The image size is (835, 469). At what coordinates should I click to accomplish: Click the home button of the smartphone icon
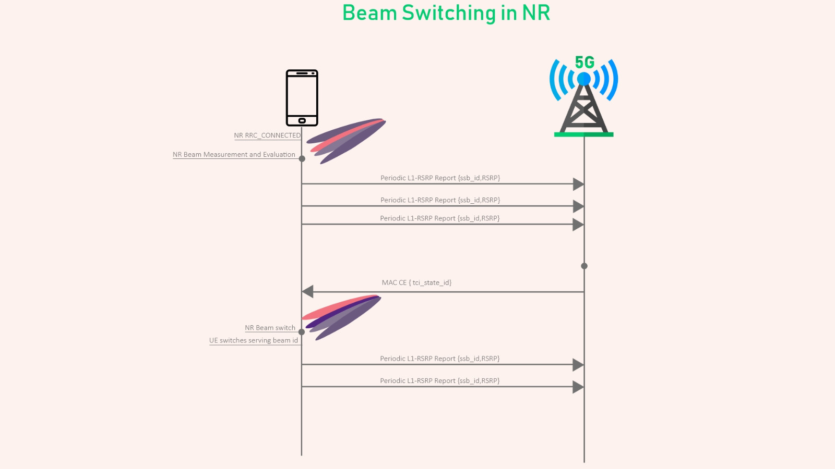pyautogui.click(x=302, y=120)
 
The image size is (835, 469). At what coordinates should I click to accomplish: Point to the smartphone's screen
pyautogui.click(x=302, y=96)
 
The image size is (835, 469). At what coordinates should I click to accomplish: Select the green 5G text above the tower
pyautogui.click(x=584, y=62)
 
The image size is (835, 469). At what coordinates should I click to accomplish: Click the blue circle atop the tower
pyautogui.click(x=584, y=79)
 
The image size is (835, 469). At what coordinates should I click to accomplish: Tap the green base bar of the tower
pyautogui.click(x=584, y=134)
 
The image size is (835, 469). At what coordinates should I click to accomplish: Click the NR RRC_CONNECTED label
pyautogui.click(x=267, y=135)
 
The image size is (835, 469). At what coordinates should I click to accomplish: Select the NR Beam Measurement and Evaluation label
pyautogui.click(x=234, y=154)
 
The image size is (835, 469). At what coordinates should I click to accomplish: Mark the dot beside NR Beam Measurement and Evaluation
pyautogui.click(x=302, y=159)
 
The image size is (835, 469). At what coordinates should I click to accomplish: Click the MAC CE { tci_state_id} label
pyautogui.click(x=416, y=282)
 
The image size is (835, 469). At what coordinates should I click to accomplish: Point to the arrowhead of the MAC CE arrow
pyautogui.click(x=307, y=292)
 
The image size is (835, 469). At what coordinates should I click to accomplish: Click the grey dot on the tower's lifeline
pyautogui.click(x=584, y=266)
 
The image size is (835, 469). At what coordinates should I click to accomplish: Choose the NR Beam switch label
pyautogui.click(x=270, y=328)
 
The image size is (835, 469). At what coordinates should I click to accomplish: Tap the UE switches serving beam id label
pyautogui.click(x=254, y=341)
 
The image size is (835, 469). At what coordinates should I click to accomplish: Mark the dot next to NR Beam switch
pyautogui.click(x=302, y=332)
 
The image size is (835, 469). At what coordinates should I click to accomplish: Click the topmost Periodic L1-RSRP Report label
pyautogui.click(x=440, y=178)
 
